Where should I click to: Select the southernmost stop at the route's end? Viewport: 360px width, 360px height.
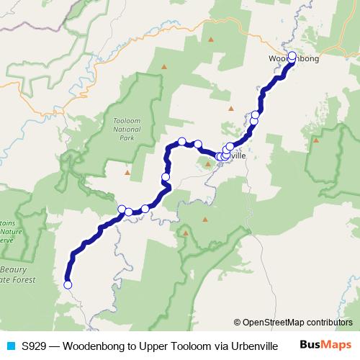(68, 284)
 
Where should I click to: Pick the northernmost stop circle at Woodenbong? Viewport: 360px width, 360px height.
(292, 55)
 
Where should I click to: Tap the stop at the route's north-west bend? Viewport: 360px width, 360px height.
(182, 141)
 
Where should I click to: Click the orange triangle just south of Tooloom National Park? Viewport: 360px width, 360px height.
(127, 173)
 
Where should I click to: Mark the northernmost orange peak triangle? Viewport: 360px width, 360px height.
(165, 68)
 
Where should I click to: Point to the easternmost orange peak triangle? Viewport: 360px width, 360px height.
(316, 141)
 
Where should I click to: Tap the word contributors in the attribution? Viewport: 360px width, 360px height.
(329, 322)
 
